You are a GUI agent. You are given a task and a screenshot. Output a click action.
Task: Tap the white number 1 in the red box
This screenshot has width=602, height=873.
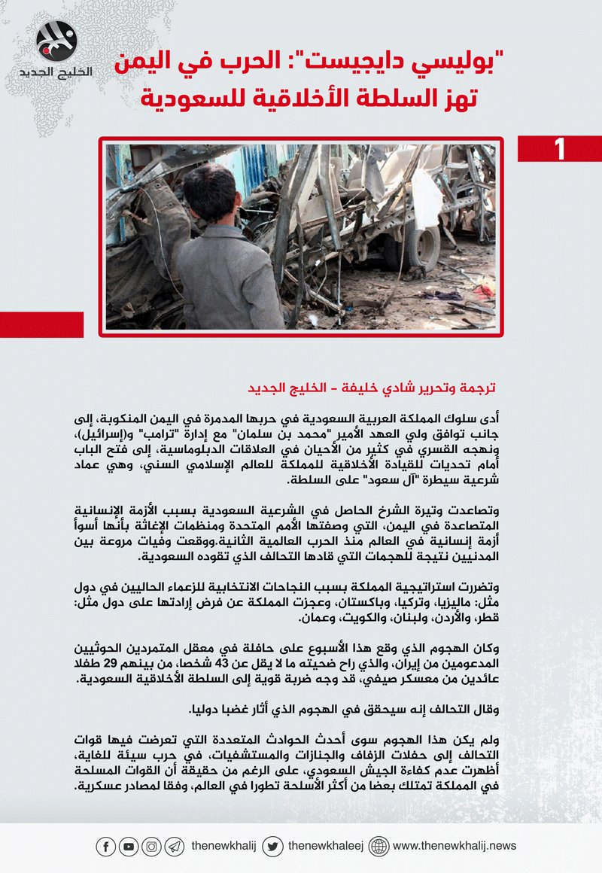click(x=559, y=149)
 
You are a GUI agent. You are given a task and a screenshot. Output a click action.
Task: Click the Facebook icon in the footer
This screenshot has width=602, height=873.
click(x=105, y=847)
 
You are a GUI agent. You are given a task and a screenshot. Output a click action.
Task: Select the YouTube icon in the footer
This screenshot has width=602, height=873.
click(x=129, y=847)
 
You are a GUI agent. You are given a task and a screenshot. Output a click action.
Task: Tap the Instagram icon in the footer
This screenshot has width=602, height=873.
click(x=152, y=847)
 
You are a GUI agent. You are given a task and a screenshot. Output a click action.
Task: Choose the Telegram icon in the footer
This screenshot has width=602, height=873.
click(x=175, y=847)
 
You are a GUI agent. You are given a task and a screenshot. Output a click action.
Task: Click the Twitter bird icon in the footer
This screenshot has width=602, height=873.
click(x=273, y=847)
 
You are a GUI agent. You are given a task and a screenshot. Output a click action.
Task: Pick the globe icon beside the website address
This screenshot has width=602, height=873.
click(x=379, y=847)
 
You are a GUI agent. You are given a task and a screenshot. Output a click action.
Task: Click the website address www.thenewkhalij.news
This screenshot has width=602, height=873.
click(x=455, y=847)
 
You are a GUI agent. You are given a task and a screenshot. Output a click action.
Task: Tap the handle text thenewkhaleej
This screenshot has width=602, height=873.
click(x=326, y=847)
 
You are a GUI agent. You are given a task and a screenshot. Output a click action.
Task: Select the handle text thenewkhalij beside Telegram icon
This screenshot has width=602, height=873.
click(x=223, y=847)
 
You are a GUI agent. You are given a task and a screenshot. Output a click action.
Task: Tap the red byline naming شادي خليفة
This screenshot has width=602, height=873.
click(x=372, y=389)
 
